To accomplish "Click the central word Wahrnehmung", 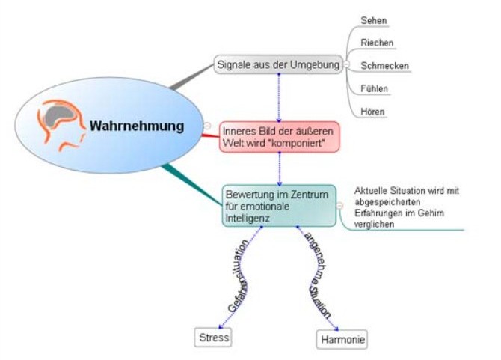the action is point(137,126).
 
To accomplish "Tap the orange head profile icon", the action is point(61,125).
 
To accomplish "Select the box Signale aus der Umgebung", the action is point(278,64).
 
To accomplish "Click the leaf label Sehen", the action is point(374,20).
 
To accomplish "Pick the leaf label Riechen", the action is point(377,43).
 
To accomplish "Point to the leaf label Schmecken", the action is point(384,66).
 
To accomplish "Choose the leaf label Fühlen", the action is point(374,88).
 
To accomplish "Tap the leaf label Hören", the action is point(372,112).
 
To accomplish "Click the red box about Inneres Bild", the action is point(279,137).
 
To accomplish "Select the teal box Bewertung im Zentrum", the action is point(279,206).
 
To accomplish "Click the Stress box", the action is point(213,338).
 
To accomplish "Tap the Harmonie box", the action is point(342,339).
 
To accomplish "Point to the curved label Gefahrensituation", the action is point(239,275).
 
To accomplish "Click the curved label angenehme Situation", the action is point(316,275).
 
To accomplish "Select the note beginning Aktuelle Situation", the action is point(407,207).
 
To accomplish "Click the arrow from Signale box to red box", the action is point(279,98).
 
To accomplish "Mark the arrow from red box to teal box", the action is point(279,169).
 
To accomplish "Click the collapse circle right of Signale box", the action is point(347,64).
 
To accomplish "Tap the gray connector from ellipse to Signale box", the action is point(191,77).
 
